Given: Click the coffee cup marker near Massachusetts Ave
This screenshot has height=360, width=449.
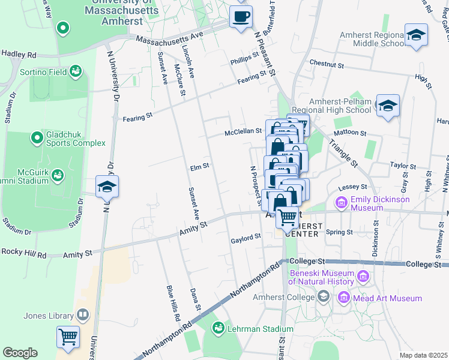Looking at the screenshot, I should (x=241, y=17).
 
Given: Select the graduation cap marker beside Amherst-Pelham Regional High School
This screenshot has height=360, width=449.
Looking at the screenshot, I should (x=388, y=106).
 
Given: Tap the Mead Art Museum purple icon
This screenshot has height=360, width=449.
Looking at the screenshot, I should (x=343, y=298).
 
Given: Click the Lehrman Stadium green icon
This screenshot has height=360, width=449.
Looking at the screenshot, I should (x=218, y=328).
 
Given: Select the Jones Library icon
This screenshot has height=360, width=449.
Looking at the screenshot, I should (x=82, y=315).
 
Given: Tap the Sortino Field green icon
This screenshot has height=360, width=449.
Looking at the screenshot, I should (x=76, y=72).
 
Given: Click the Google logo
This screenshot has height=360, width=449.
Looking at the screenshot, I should (x=20, y=353).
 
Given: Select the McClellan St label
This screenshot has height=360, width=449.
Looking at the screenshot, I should (x=243, y=131).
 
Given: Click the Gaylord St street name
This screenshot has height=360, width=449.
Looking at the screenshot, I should (x=246, y=237).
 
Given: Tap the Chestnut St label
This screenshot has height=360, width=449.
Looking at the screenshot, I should (x=327, y=62).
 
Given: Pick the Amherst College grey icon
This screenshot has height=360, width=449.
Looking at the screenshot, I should (x=324, y=296).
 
